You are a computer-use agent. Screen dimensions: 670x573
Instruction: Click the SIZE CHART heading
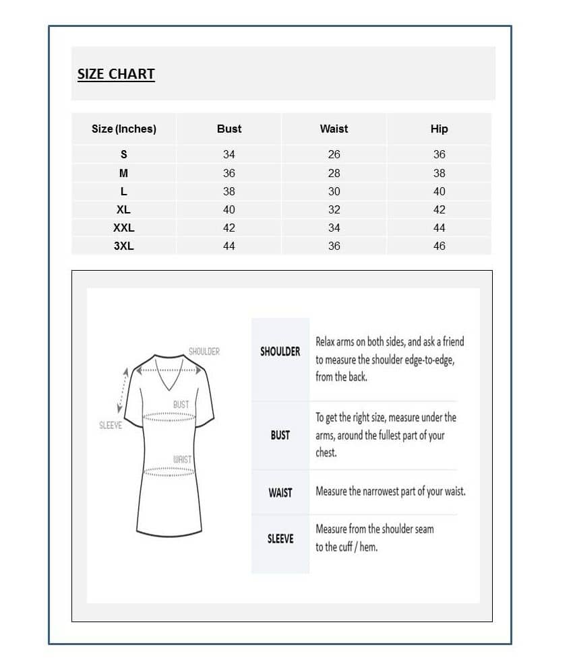116,74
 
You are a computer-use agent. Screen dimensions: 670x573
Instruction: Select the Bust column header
229,129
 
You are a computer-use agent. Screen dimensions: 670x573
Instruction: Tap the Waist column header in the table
334,129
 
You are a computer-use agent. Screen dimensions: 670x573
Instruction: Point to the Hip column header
439,129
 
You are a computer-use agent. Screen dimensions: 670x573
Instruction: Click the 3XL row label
123,246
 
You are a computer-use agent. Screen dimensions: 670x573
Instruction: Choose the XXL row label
123,228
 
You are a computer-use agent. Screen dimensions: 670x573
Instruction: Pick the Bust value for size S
229,154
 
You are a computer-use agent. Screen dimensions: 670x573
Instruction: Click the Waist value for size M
334,173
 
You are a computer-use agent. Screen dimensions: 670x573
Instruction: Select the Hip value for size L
439,191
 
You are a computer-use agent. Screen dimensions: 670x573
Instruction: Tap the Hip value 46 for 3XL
439,246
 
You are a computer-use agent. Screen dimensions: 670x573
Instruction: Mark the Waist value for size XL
334,209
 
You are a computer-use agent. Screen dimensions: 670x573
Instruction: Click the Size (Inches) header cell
123,129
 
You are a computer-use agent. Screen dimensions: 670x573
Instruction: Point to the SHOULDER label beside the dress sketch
204,351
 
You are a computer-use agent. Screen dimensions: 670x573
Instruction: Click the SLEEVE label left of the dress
110,426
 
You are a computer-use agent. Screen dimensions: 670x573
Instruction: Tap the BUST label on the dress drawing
181,405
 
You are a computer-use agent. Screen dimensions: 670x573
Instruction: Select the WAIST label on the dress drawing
182,459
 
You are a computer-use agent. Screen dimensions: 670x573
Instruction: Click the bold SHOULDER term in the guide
280,351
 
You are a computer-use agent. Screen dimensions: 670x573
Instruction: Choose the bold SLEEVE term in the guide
280,539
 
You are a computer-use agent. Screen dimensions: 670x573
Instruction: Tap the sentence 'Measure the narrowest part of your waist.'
390,492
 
